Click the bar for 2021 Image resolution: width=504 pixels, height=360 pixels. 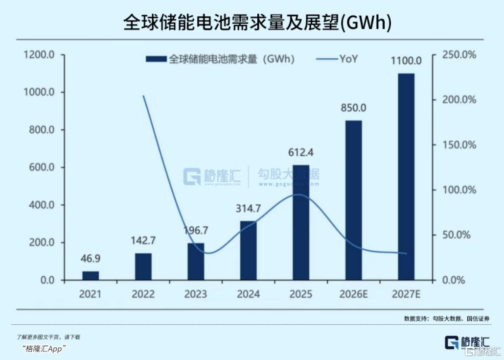(x=91, y=275)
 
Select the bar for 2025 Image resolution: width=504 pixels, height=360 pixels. (x=301, y=222)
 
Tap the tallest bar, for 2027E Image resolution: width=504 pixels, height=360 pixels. (x=406, y=177)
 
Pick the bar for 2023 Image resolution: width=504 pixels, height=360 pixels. (x=196, y=262)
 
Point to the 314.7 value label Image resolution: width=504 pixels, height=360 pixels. (x=248, y=209)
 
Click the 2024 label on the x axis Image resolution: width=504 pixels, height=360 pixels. (x=248, y=294)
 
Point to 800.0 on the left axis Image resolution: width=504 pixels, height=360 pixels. (x=39, y=130)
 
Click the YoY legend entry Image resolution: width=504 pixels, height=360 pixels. (x=348, y=59)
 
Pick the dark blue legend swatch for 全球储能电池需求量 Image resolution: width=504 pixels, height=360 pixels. (x=156, y=59)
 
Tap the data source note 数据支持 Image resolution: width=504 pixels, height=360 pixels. (x=447, y=319)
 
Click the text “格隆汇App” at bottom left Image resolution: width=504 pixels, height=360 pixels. (x=44, y=348)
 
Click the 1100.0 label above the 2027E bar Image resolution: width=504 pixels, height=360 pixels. (x=406, y=61)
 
